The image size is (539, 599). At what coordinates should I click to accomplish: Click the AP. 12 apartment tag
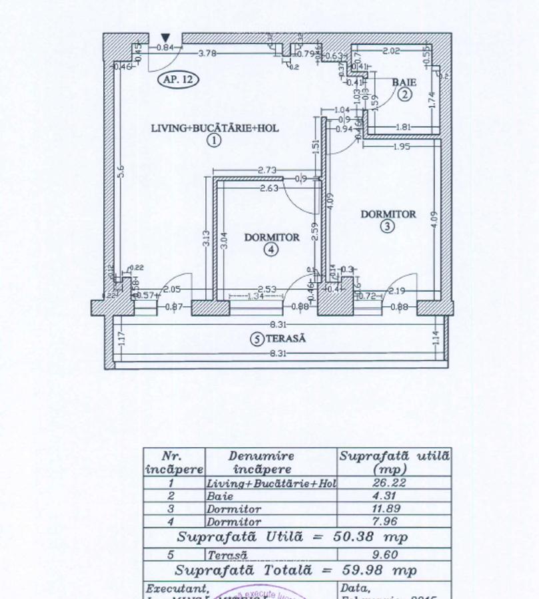pos(178,79)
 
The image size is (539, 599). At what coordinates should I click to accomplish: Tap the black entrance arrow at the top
pos(165,39)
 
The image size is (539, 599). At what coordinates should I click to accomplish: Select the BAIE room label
pos(404,83)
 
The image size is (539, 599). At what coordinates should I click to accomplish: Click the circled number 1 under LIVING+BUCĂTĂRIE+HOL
pos(214,140)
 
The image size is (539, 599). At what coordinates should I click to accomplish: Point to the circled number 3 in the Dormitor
pos(388,226)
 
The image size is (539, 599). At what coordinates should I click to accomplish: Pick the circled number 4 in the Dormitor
pos(270,250)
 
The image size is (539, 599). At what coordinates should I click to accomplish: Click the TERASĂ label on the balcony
pos(286,338)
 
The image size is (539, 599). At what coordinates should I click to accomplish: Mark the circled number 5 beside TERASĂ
pos(257,339)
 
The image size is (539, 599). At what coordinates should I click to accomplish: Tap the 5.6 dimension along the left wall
pos(121,172)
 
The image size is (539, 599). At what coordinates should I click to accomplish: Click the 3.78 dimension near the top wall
pos(207,53)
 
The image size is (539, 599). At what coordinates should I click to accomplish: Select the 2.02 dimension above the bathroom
pos(391,50)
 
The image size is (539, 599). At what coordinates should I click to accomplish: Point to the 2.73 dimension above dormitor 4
pos(268,171)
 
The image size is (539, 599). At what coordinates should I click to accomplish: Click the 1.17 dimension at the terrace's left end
pos(121,339)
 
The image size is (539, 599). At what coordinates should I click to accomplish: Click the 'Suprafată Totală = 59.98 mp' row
pos(296,570)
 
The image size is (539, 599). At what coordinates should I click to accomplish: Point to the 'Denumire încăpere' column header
pos(270,463)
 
